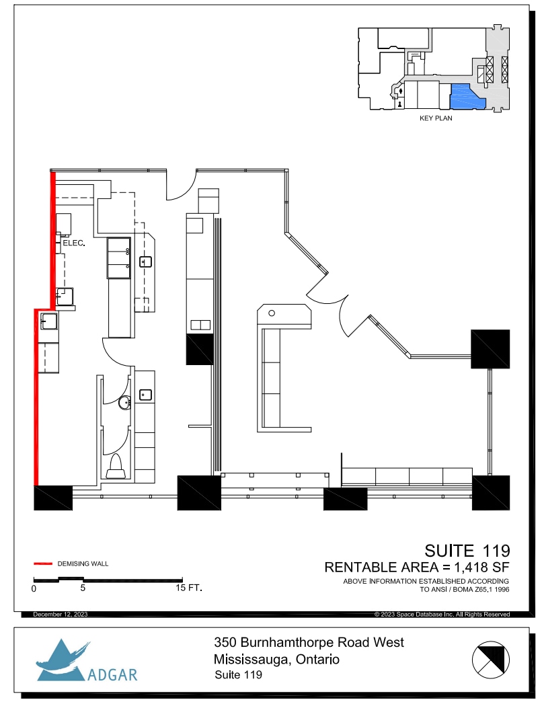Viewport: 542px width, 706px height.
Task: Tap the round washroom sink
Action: pos(124,403)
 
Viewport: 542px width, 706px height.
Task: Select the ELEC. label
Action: pos(73,243)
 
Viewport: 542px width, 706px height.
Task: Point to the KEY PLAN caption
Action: pos(435,118)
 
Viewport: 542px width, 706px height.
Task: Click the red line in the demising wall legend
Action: pos(43,563)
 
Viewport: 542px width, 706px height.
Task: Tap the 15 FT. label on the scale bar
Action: pos(188,588)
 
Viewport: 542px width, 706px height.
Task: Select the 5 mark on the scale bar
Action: pos(83,588)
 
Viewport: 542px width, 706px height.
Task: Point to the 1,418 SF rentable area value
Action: pos(480,567)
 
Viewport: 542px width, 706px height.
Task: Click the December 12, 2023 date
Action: pos(60,615)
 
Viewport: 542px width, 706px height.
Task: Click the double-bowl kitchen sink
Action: pos(119,258)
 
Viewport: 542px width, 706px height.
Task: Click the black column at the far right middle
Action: pos(490,348)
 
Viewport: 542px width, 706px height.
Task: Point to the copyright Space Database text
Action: pos(442,615)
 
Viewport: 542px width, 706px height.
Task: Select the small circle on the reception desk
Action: pos(272,313)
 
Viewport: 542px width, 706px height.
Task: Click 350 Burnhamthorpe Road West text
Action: pos(309,643)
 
